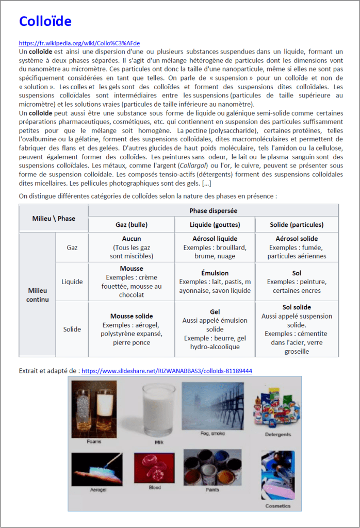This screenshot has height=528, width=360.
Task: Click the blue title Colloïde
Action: (45, 21)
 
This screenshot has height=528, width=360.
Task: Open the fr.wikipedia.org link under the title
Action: (79, 43)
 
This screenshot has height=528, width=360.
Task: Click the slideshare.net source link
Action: (167, 370)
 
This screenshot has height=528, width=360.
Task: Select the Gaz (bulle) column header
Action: (132, 224)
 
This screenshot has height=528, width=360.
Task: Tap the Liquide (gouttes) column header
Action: (215, 224)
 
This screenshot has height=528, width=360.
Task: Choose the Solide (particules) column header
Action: (297, 224)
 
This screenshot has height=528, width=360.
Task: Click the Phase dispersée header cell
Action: (214, 211)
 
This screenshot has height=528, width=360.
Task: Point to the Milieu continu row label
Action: (37, 295)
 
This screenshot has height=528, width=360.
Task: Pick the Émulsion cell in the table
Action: (215, 282)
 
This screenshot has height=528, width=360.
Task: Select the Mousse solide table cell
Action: (131, 329)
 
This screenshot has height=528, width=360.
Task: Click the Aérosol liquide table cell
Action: (215, 247)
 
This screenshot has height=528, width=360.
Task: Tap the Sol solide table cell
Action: (297, 329)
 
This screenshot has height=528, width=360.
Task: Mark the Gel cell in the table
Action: (215, 329)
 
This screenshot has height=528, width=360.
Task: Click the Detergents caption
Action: (278, 435)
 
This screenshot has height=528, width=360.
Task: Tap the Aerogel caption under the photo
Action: (97, 490)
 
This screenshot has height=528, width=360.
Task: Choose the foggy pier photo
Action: (212, 406)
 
